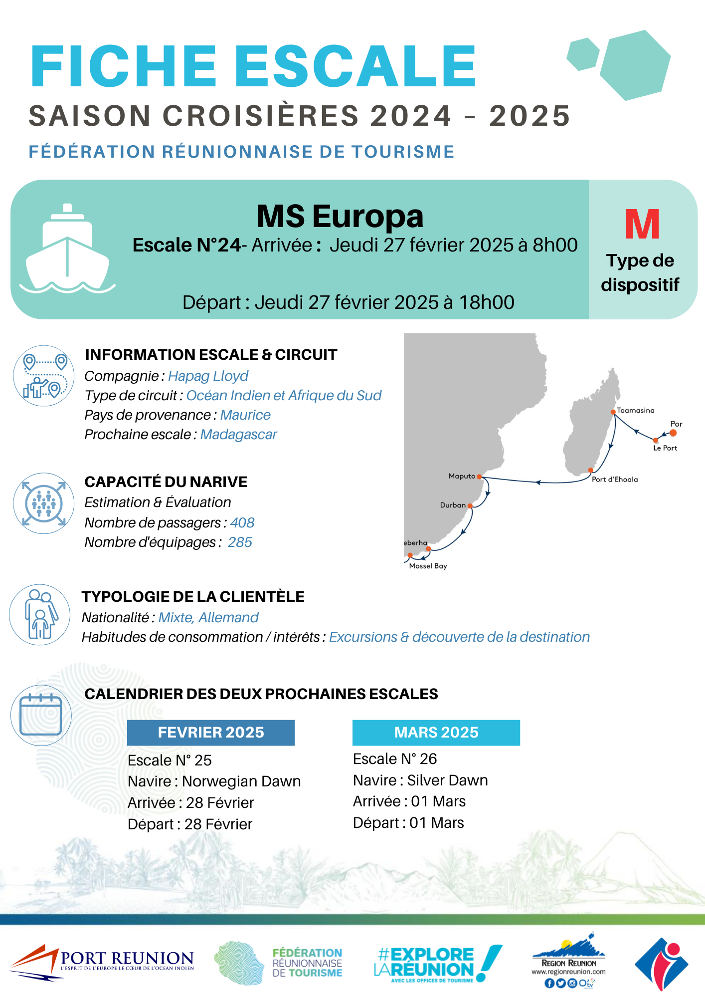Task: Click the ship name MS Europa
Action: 340,217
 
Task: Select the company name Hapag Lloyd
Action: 208,376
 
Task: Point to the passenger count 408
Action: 242,522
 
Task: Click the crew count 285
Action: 240,542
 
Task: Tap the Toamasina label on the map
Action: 635,410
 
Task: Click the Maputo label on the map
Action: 462,476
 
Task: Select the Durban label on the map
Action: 453,505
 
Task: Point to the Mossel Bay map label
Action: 428,566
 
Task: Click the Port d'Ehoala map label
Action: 614,479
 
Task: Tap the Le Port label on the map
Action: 665,448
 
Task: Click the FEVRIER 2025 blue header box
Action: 211,733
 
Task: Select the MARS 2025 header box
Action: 436,733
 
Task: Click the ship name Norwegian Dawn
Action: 241,781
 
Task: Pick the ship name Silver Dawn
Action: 447,780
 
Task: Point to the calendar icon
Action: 40,715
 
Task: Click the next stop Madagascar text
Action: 238,435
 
